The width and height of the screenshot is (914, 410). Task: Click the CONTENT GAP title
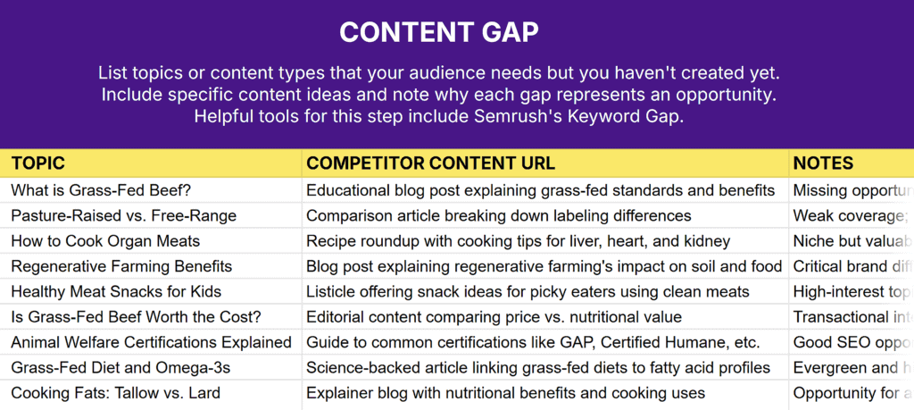pyautogui.click(x=439, y=32)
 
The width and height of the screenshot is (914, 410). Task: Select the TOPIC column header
pyautogui.click(x=38, y=163)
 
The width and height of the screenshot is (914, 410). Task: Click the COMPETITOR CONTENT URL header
pyautogui.click(x=430, y=163)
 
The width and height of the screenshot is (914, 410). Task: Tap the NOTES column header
pyautogui.click(x=823, y=163)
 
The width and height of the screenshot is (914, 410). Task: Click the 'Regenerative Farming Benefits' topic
pyautogui.click(x=121, y=266)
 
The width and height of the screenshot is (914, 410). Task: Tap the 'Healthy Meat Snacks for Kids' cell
pyautogui.click(x=116, y=291)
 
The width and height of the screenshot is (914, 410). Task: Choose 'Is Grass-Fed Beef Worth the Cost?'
pyautogui.click(x=130, y=317)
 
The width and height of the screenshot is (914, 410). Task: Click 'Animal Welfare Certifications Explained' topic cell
pyautogui.click(x=151, y=342)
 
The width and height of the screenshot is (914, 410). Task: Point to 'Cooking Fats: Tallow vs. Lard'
pyautogui.click(x=115, y=393)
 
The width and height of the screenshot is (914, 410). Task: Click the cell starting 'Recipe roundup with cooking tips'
pyautogui.click(x=518, y=241)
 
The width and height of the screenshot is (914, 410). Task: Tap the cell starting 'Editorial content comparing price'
pyautogui.click(x=494, y=317)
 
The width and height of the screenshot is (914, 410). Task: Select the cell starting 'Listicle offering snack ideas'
pyautogui.click(x=528, y=291)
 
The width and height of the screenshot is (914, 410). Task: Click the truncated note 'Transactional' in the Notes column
pyautogui.click(x=848, y=317)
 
